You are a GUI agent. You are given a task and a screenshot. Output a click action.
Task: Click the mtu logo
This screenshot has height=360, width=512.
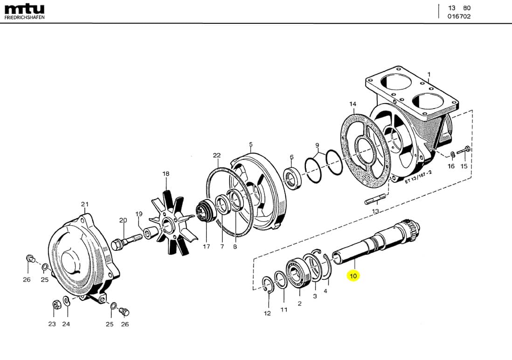24,9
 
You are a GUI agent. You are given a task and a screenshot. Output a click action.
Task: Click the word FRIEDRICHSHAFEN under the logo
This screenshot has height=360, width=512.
24,18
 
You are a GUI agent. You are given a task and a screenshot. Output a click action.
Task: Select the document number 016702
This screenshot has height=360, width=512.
459,16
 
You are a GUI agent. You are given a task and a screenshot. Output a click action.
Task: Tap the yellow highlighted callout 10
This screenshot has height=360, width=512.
353,276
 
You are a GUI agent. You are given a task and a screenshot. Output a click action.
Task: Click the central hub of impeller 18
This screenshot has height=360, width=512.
166,216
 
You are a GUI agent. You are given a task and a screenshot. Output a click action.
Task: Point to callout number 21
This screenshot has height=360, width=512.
84,204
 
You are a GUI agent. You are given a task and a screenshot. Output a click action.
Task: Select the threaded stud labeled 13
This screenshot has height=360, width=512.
375,200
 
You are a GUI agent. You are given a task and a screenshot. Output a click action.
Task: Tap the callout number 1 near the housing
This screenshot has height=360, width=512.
429,74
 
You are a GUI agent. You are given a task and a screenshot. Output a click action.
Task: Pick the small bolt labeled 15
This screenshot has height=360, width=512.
464,150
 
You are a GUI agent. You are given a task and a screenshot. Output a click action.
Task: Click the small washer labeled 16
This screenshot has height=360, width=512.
452,154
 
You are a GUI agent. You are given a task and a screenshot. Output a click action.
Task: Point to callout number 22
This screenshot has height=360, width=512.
216,155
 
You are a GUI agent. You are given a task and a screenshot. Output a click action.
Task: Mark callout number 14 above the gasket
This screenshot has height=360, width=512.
353,104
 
